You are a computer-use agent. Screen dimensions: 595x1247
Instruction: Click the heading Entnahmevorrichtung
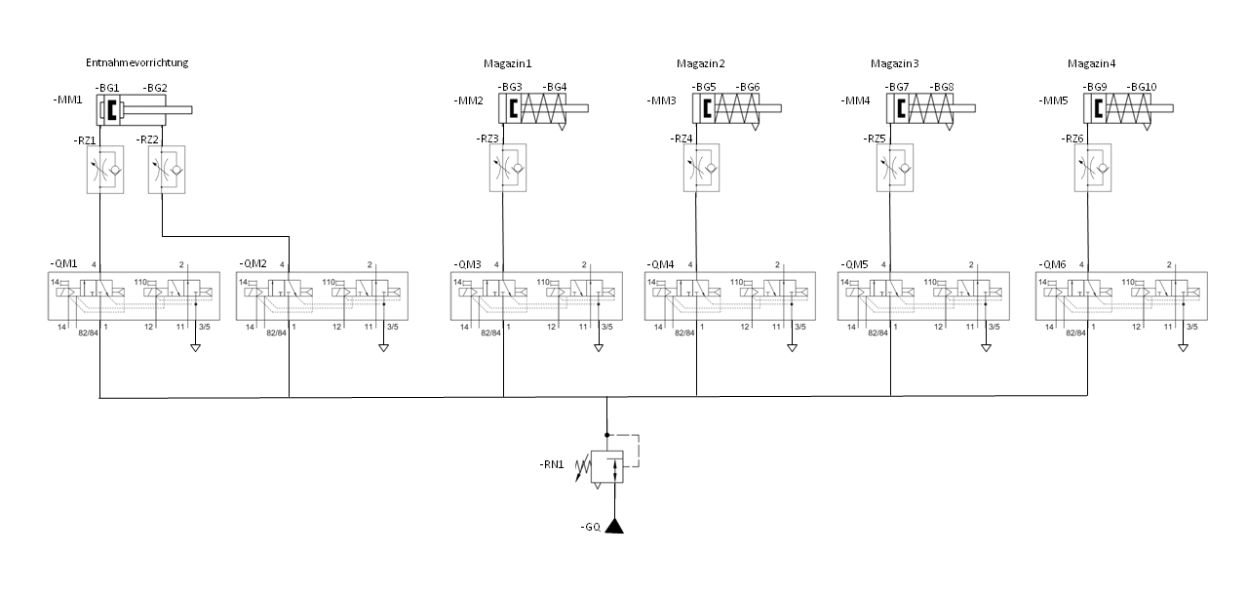click(136, 62)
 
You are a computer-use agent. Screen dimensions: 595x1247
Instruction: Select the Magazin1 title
click(507, 64)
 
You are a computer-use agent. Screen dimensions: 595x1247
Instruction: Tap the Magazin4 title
click(1091, 64)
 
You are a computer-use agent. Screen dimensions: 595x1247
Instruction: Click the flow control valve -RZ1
click(105, 169)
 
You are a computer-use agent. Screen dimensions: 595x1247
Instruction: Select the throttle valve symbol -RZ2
click(165, 169)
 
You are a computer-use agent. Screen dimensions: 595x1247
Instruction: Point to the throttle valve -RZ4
click(700, 168)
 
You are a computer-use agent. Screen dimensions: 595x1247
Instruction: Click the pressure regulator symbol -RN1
click(606, 465)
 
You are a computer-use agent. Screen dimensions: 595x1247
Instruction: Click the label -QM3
click(468, 265)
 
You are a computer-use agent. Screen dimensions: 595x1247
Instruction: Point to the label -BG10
click(1141, 87)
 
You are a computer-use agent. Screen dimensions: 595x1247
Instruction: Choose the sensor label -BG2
click(155, 87)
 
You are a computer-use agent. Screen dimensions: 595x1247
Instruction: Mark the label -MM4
click(855, 100)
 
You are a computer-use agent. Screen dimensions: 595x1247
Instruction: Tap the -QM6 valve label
click(1053, 265)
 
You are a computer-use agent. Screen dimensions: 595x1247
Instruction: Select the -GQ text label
click(587, 527)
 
